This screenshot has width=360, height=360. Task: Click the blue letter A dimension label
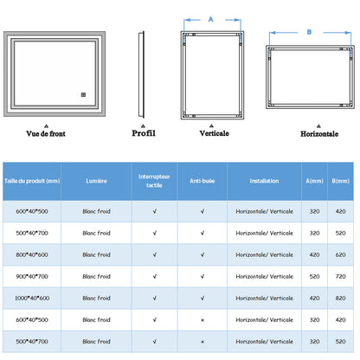(x=211, y=19)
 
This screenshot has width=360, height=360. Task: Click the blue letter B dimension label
(x=309, y=32)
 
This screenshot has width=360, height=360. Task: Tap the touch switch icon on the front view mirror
(x=83, y=94)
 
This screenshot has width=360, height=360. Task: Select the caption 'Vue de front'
(x=46, y=133)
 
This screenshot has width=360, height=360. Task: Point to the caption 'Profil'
(x=144, y=133)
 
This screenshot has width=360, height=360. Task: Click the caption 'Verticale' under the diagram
(x=215, y=133)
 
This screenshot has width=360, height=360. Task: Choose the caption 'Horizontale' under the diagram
(x=319, y=134)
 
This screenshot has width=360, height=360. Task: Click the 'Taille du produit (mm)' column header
(x=32, y=181)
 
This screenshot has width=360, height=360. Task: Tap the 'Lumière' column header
(x=96, y=181)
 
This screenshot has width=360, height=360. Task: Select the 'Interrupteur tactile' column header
(x=154, y=181)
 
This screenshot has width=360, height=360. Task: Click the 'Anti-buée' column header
(x=202, y=181)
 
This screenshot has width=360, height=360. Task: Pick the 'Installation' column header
(x=264, y=181)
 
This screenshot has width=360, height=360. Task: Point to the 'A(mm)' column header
(x=314, y=181)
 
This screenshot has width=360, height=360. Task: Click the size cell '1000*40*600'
(x=32, y=298)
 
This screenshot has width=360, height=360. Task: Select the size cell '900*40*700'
(x=32, y=276)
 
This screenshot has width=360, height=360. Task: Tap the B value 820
(x=340, y=298)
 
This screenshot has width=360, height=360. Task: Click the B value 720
(x=340, y=276)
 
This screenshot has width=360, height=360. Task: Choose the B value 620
(x=340, y=254)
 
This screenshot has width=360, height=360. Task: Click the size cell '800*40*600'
(x=32, y=254)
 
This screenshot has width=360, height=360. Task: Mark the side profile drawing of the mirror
(x=141, y=74)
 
